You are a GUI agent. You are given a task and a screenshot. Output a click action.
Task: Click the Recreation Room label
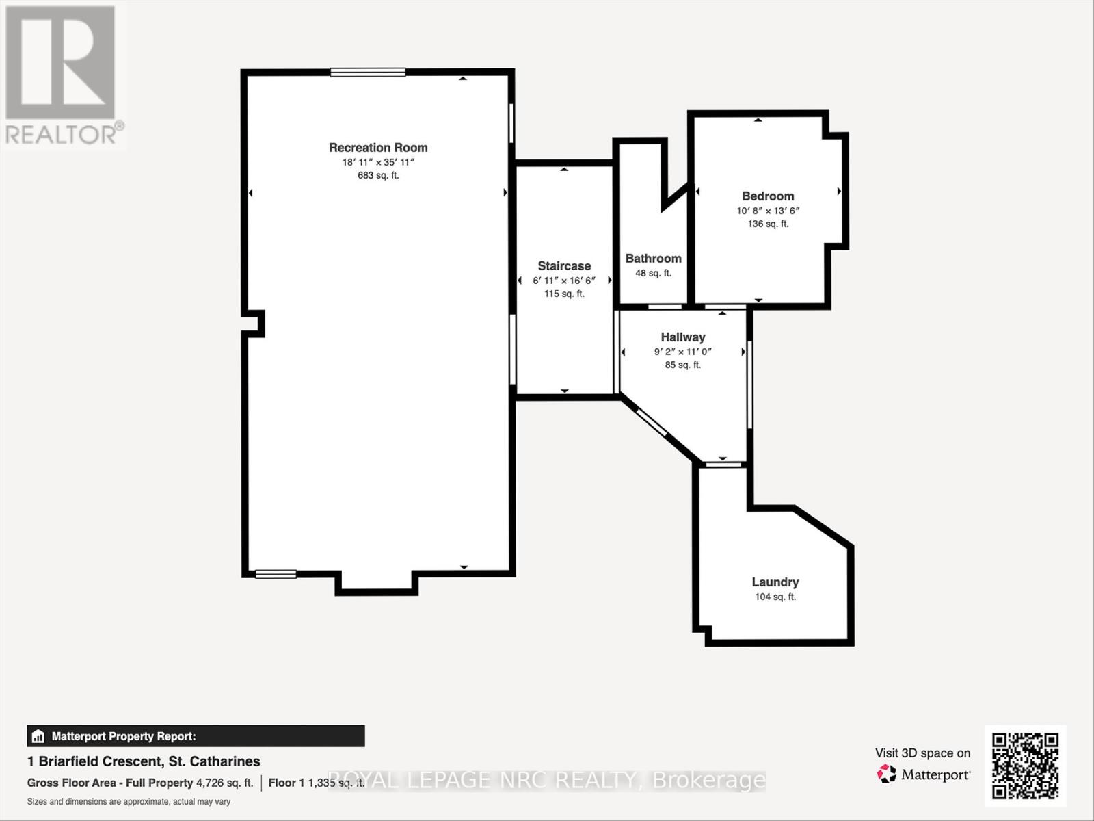coord(378,147)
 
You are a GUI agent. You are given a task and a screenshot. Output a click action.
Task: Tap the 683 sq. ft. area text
coord(378,175)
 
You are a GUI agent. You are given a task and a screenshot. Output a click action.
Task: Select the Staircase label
coord(564,265)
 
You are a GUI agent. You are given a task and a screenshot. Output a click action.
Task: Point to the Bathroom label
coord(653,258)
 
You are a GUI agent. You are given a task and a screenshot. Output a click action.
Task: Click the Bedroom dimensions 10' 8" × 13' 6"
coord(768,211)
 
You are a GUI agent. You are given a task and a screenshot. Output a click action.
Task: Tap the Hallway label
coord(682,337)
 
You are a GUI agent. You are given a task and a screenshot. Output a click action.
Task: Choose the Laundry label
coord(775,582)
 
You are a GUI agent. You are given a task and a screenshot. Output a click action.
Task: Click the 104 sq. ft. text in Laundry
coord(775,597)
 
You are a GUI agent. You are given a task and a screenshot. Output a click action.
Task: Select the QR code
coord(1025,766)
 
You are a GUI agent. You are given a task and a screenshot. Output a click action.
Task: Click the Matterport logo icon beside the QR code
coord(887,774)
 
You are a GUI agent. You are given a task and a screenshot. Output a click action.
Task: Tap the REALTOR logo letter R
coord(60,62)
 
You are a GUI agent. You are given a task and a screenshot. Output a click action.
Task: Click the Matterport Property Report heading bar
coord(196,736)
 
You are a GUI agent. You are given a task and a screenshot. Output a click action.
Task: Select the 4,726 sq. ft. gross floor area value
coord(224,783)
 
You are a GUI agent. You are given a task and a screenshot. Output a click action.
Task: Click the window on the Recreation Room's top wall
coord(368,72)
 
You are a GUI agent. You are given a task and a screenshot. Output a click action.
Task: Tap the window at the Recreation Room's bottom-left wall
coord(276,574)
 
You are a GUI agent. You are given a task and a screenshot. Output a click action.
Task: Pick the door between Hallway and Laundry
coord(723,465)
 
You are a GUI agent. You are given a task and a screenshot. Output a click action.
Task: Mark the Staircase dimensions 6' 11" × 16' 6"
coord(564,281)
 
